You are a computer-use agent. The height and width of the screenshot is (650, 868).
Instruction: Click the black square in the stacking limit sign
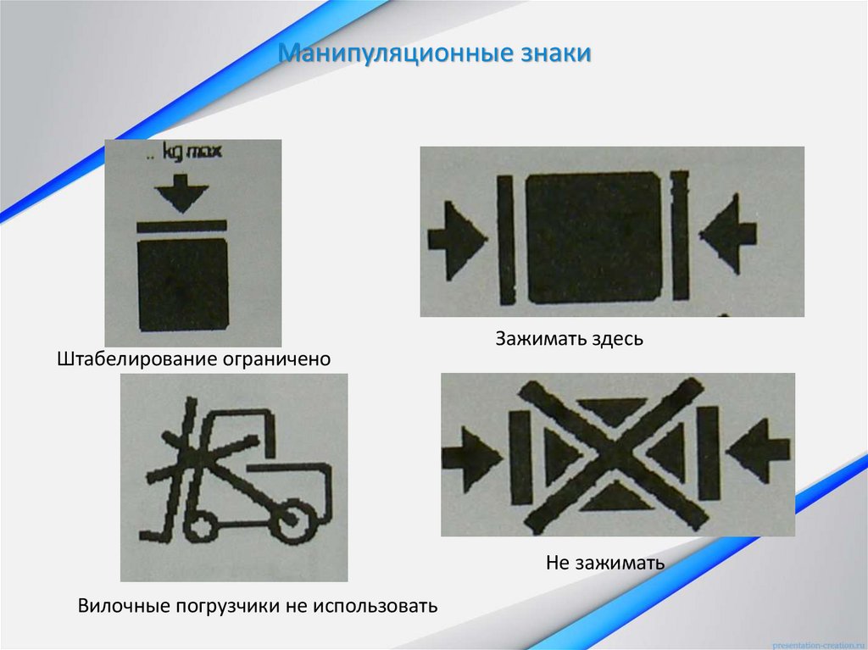(x=182, y=284)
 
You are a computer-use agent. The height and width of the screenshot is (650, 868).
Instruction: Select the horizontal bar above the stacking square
(x=181, y=225)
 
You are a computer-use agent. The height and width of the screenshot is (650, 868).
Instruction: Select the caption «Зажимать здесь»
(x=570, y=340)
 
